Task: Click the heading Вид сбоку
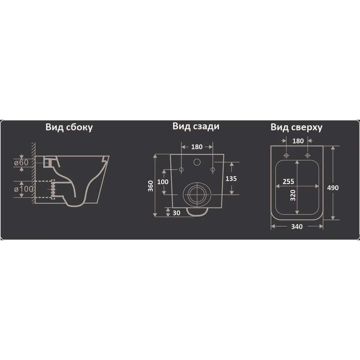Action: pyautogui.click(x=69, y=127)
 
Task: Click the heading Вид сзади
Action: pyautogui.click(x=196, y=126)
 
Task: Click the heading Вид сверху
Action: pyautogui.click(x=296, y=127)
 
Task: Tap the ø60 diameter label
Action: pyautogui.click(x=21, y=162)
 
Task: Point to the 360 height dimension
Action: pyautogui.click(x=151, y=186)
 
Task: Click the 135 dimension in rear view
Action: pyautogui.click(x=231, y=179)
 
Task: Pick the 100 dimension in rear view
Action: pyautogui.click(x=163, y=182)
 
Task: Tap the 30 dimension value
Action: pyautogui.click(x=176, y=213)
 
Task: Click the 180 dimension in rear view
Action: pyautogui.click(x=197, y=147)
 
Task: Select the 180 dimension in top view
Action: pyautogui.click(x=298, y=141)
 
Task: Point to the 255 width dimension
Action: pyautogui.click(x=288, y=181)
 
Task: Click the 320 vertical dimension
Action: pyautogui.click(x=293, y=195)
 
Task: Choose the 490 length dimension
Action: pyautogui.click(x=333, y=188)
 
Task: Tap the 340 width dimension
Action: pyautogui.click(x=297, y=227)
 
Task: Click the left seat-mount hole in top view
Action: pyautogui.click(x=286, y=156)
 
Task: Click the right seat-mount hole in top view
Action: pyautogui.click(x=307, y=156)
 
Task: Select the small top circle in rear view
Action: pyautogui.click(x=197, y=162)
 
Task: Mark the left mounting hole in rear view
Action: pyautogui.click(x=181, y=170)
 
